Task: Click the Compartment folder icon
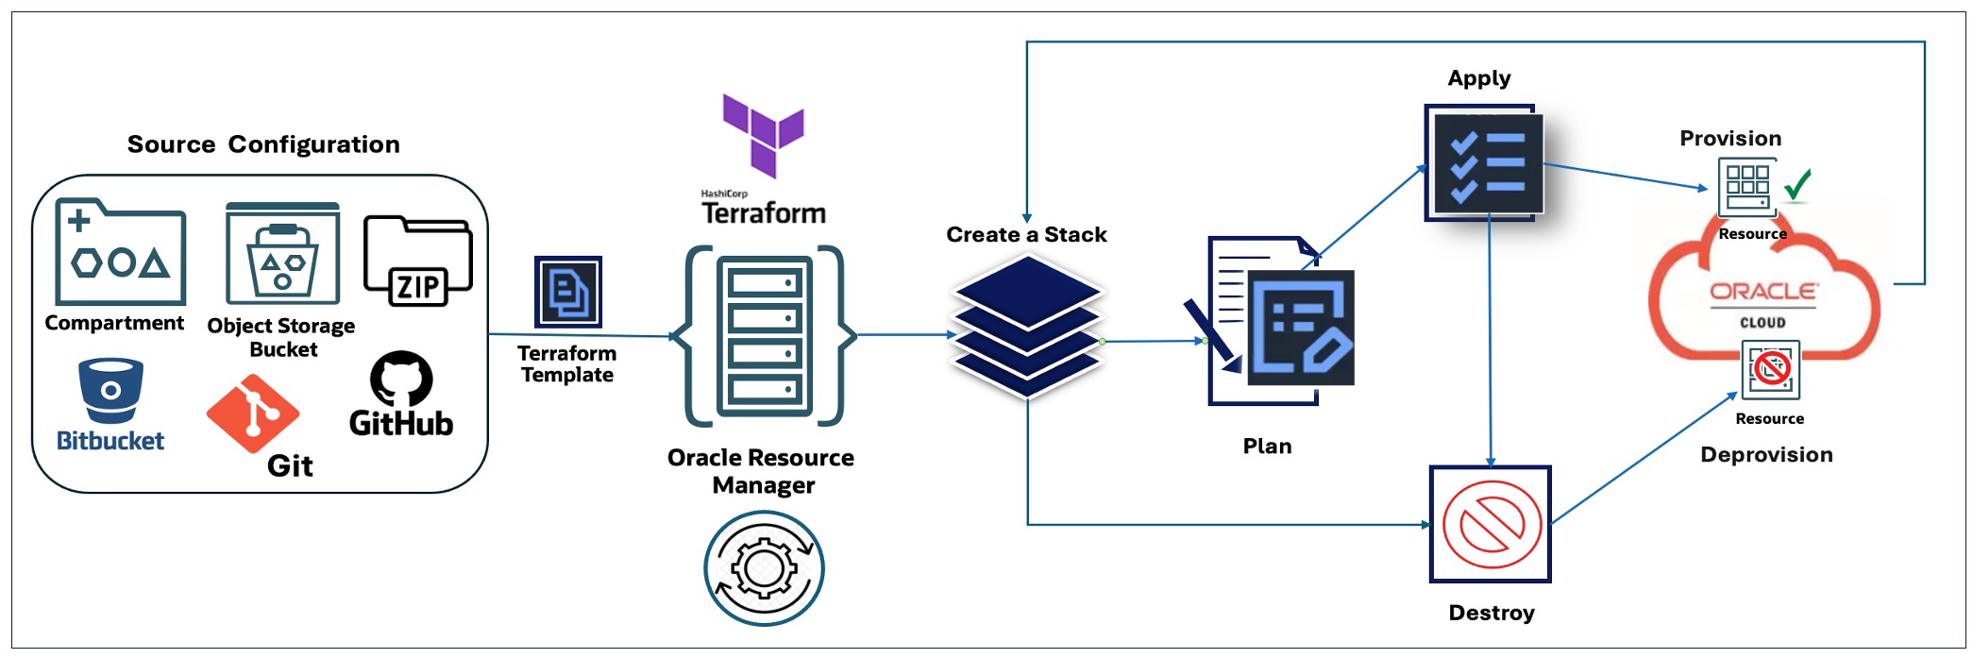pos(120,252)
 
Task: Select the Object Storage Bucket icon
pos(282,253)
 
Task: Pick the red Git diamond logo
pos(252,413)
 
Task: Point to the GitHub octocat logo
pos(401,379)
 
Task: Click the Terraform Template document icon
pos(568,292)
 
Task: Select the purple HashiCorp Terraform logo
pos(763,133)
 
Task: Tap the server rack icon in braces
pos(764,336)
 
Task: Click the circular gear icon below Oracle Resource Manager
pos(764,568)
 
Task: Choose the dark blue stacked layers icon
pos(1027,326)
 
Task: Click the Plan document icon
pos(1281,322)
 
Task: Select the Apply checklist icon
pos(1485,163)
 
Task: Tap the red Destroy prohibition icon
pos(1491,525)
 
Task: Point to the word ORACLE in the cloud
pos(1762,292)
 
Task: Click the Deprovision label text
pos(1766,455)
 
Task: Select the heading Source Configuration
pos(263,144)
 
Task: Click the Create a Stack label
pos(1026,235)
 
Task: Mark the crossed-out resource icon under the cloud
pos(1770,370)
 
